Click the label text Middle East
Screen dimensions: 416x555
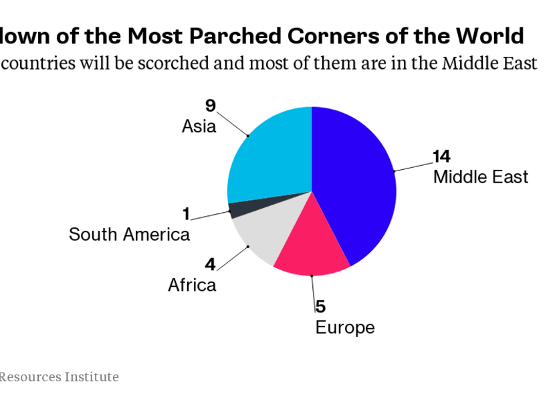pyautogui.click(x=480, y=177)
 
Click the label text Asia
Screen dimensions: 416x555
pyautogui.click(x=199, y=126)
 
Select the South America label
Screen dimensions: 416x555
pyautogui.click(x=129, y=235)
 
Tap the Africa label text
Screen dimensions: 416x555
pyautogui.click(x=192, y=286)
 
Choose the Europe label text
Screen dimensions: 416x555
pyautogui.click(x=344, y=328)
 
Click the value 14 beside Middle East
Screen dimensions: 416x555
pyautogui.click(x=441, y=157)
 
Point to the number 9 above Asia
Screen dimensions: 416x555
pyautogui.click(x=210, y=106)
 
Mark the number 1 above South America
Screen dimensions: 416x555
pyautogui.click(x=186, y=214)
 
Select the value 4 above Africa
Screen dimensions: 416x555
pyautogui.click(x=210, y=265)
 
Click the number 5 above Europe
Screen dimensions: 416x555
pyautogui.click(x=320, y=307)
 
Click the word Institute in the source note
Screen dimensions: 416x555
pyautogui.click(x=92, y=377)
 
